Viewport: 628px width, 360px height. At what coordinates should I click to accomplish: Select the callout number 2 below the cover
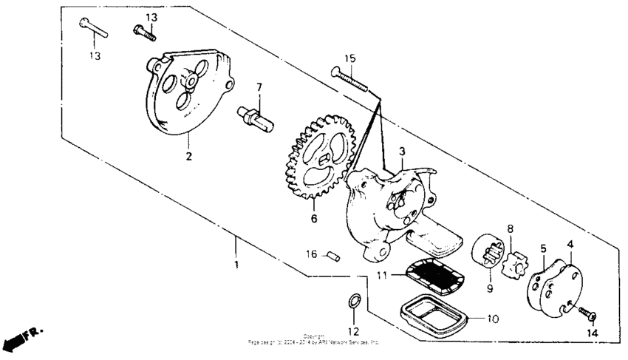click(190, 157)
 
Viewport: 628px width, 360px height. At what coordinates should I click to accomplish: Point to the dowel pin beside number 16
click(332, 256)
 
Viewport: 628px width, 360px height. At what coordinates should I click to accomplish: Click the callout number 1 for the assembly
click(236, 264)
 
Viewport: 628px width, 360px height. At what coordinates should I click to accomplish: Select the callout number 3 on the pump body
click(401, 152)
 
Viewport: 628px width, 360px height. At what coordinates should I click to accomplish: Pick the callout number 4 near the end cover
click(570, 244)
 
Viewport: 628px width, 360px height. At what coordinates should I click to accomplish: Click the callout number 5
click(543, 249)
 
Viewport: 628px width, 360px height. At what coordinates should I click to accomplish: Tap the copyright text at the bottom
click(314, 340)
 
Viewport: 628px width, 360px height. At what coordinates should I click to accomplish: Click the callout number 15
click(349, 58)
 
